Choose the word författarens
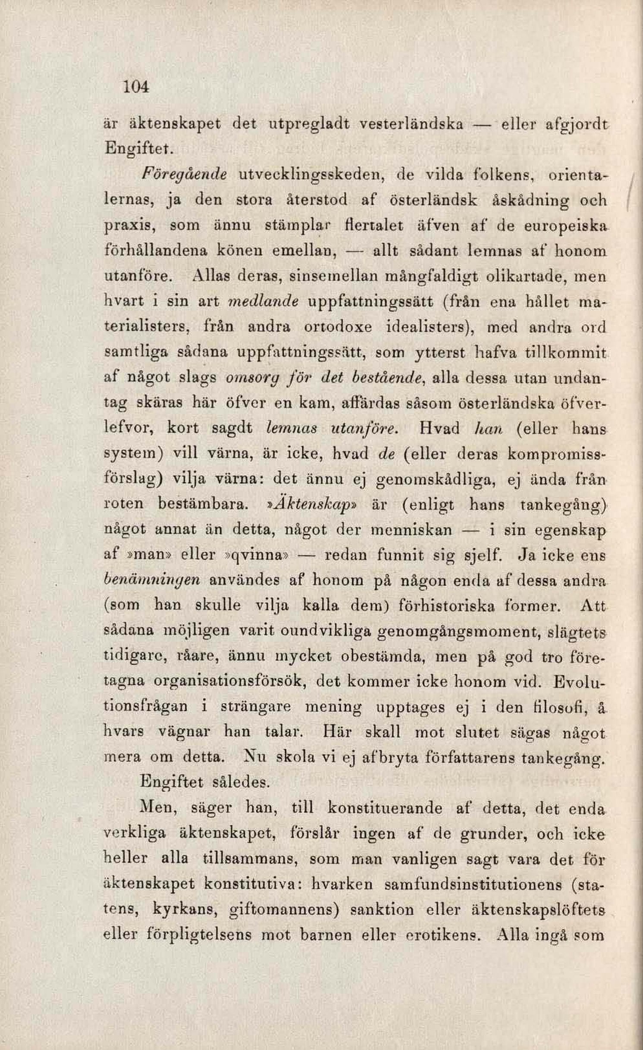coord(471,757)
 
